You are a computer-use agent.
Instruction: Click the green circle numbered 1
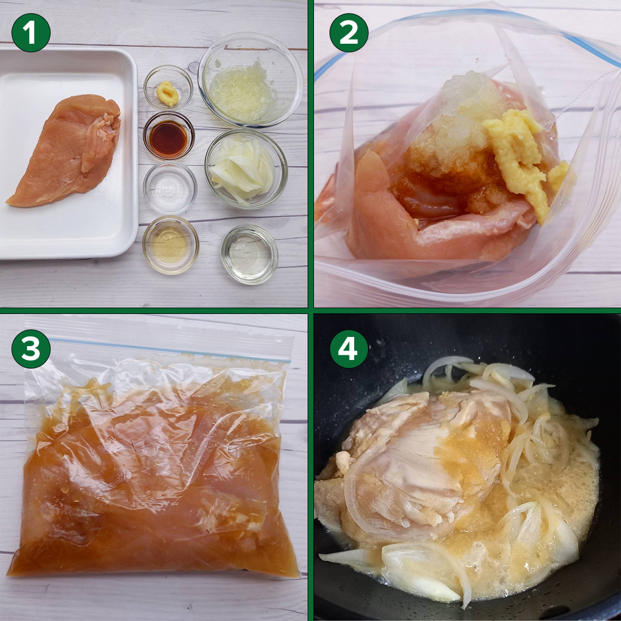tap(31, 32)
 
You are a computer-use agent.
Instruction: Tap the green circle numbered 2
tap(349, 32)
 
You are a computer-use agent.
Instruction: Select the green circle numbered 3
tap(31, 349)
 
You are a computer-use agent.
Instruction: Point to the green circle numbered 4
tap(349, 349)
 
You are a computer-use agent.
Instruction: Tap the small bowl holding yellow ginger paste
tap(168, 88)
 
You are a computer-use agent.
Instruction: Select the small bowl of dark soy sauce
tap(168, 136)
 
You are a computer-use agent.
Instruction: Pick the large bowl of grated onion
tap(250, 79)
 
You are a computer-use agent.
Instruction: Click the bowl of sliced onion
tap(246, 168)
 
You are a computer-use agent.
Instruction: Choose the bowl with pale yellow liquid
tap(171, 245)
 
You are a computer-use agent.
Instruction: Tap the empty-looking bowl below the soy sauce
tap(170, 188)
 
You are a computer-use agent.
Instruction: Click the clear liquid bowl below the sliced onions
tap(250, 254)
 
